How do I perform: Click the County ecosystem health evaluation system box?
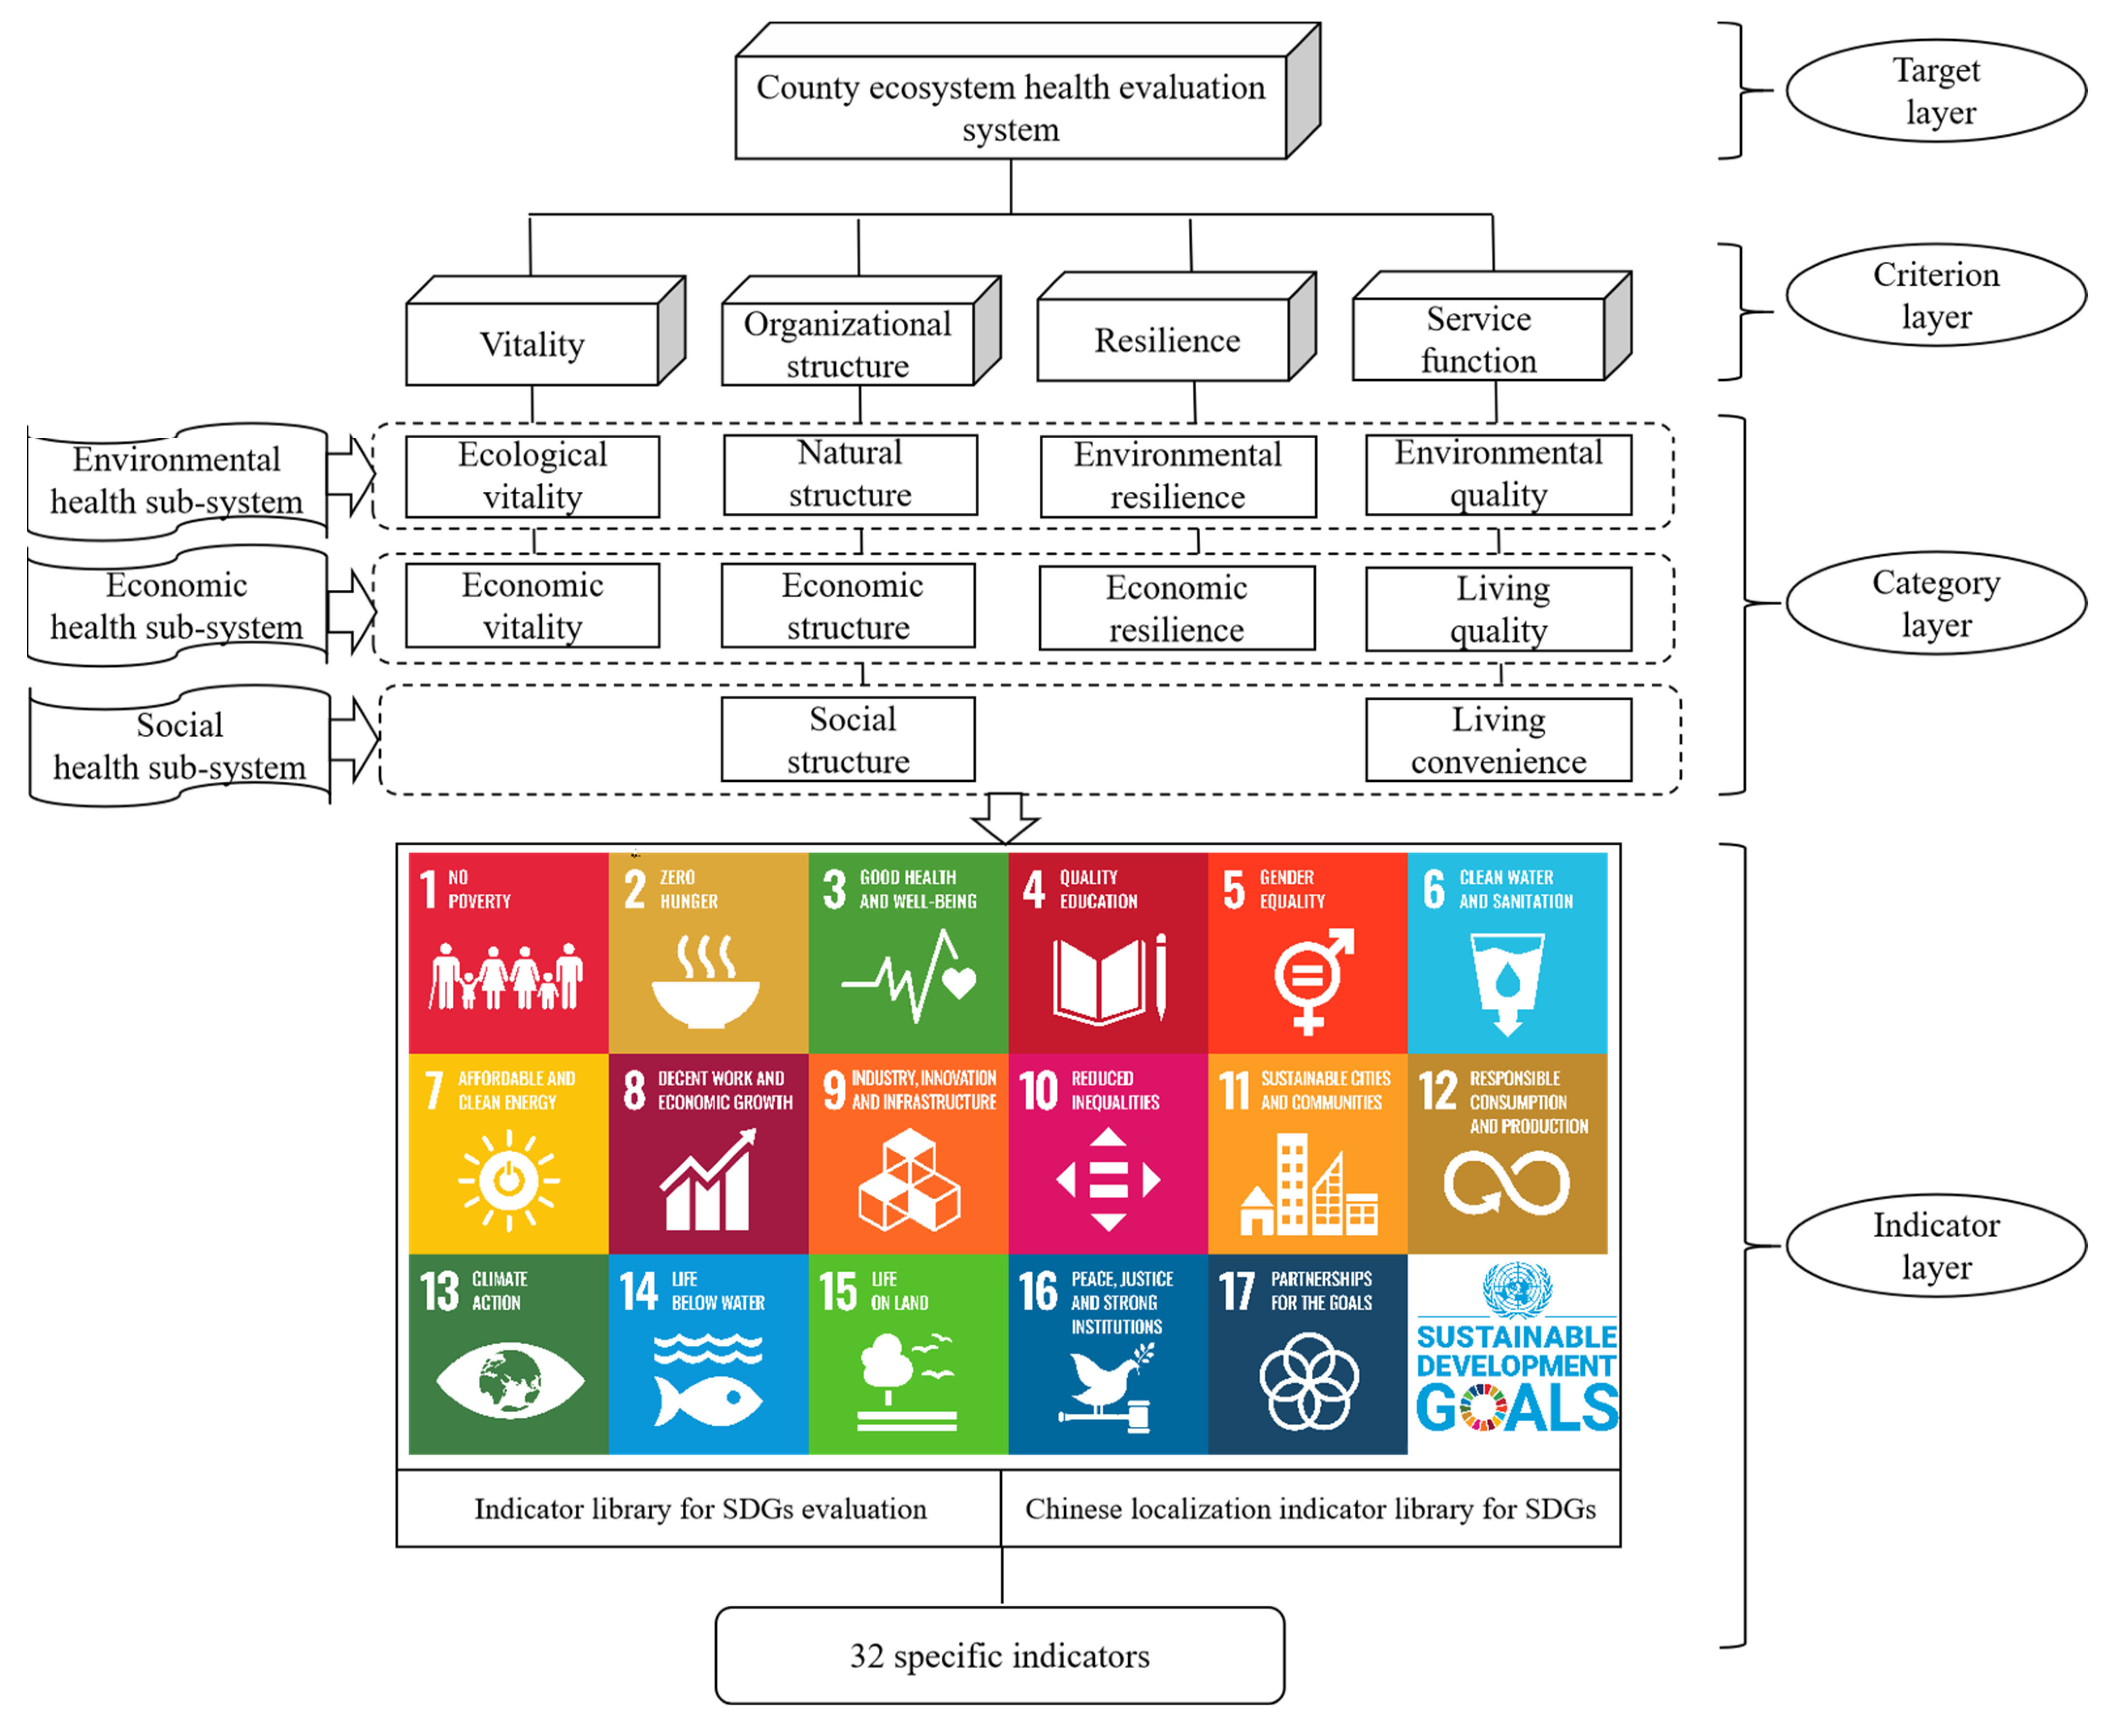[1010, 107]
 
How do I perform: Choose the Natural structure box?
[849, 474]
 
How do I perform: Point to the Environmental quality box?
[1498, 474]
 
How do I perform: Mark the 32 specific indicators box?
[999, 1657]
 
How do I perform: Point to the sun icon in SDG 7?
[509, 1180]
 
